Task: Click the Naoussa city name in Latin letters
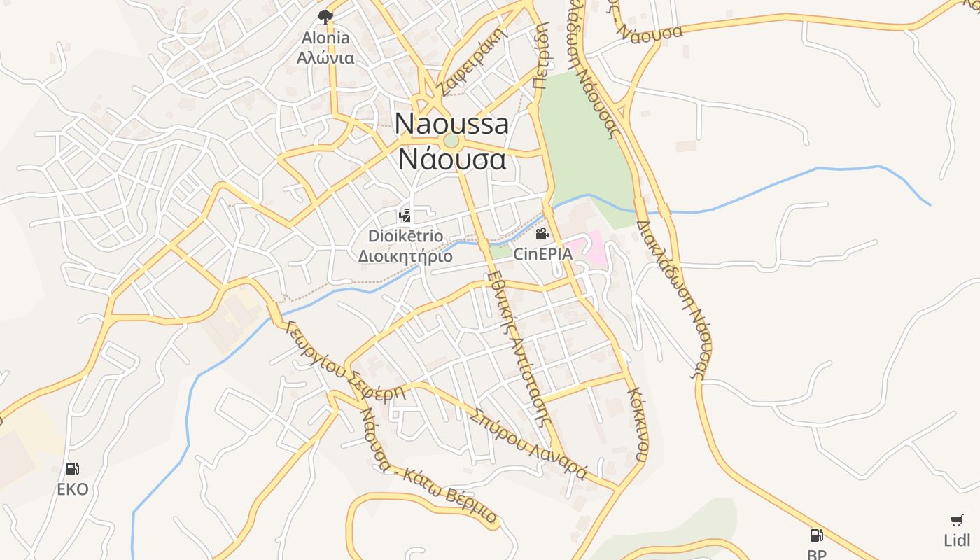click(451, 124)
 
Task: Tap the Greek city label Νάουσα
click(451, 159)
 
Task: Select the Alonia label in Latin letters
click(325, 38)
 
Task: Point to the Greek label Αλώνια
click(325, 57)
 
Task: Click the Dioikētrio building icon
click(405, 216)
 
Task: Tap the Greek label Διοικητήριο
click(405, 256)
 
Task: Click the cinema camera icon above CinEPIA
click(542, 233)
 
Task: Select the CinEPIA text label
click(542, 253)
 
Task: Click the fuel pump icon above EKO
click(72, 469)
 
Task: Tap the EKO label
click(73, 489)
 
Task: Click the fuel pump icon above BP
click(816, 535)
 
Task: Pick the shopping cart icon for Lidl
click(957, 520)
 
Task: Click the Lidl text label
click(957, 540)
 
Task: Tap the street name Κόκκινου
click(637, 424)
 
